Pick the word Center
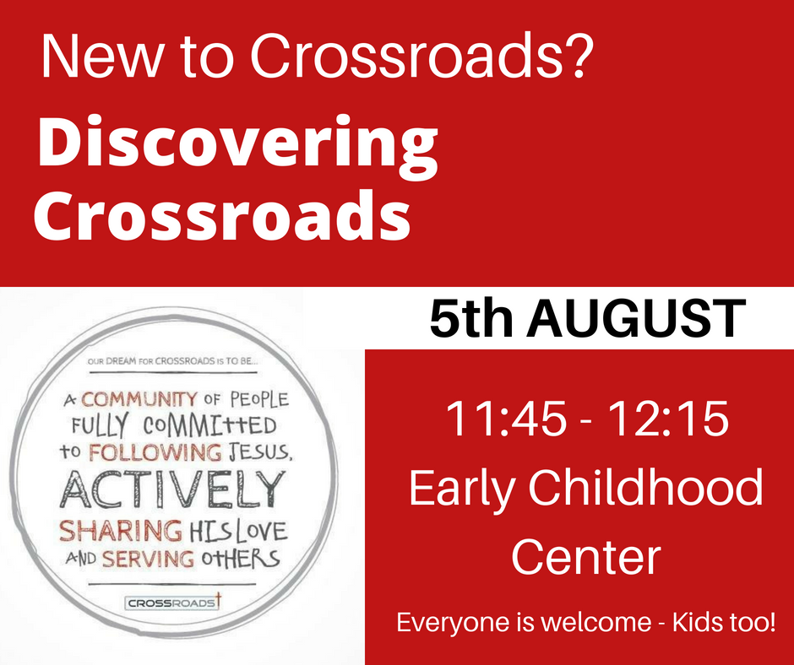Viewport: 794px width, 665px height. click(x=586, y=558)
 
